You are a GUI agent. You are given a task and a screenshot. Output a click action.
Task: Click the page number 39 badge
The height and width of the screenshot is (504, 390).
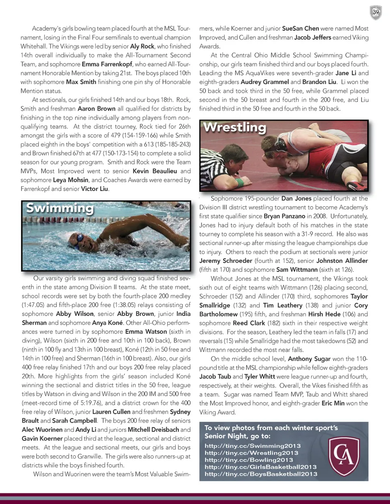[376, 12]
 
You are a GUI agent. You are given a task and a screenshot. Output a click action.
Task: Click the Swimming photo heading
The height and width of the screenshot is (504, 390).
[60, 208]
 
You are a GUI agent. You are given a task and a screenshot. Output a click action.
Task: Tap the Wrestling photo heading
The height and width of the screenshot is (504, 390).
[234, 127]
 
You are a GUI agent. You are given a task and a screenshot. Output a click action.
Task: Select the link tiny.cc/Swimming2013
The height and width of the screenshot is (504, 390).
[253, 446]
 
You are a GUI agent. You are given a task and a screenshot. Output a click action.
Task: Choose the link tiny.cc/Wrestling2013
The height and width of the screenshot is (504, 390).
[251, 453]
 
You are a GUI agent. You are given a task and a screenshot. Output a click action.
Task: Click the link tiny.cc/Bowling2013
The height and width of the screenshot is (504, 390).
[249, 460]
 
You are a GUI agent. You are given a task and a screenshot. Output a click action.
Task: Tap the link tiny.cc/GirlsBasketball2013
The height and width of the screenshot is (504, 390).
[260, 467]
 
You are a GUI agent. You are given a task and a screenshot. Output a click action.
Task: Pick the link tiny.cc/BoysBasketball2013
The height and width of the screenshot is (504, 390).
[261, 474]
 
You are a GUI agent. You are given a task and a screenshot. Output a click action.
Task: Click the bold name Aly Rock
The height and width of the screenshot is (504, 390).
[142, 46]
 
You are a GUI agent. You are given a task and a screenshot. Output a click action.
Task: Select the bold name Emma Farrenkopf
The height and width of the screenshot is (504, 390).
[107, 64]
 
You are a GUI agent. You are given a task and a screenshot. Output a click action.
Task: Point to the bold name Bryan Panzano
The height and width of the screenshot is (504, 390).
[284, 216]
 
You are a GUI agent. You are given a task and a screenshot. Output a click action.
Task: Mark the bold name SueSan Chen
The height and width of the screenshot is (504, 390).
[300, 28]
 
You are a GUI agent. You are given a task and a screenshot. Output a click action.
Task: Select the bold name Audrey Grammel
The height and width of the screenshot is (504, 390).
[264, 82]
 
